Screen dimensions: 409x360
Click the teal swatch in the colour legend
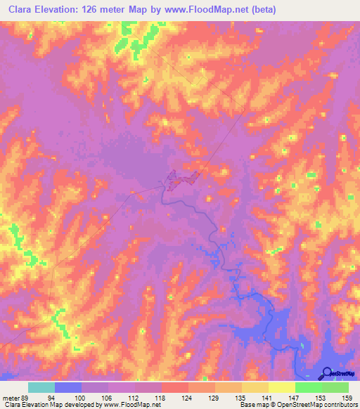point(41,388)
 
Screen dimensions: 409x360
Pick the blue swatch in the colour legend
point(68,388)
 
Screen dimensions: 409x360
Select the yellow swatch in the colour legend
point(282,388)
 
